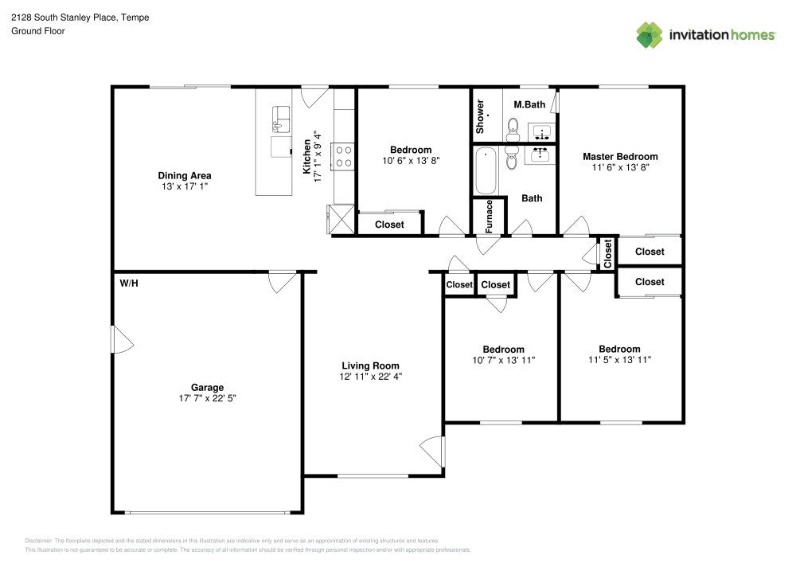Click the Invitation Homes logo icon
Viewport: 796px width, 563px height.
pos(650,34)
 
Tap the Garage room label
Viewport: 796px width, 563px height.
pos(207,388)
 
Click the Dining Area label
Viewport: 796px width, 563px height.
pos(184,175)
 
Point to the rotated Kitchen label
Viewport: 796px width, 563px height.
pos(306,157)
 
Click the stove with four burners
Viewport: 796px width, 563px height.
pos(345,154)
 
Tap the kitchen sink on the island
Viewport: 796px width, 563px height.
pos(281,119)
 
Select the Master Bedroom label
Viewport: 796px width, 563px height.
pos(620,157)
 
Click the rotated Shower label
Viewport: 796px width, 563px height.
pos(480,116)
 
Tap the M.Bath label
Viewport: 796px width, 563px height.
pos(529,104)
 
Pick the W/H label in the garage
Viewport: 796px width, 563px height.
pos(129,283)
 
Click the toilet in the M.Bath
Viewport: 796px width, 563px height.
pos(513,127)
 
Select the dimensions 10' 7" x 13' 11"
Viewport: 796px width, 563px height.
pos(503,360)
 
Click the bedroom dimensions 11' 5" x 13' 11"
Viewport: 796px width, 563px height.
pos(619,360)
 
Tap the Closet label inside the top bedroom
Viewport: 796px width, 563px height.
pos(389,225)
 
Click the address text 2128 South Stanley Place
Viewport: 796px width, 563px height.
pos(63,18)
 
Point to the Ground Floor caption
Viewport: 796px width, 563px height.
pos(38,31)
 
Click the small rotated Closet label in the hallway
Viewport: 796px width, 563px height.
pos(608,254)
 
